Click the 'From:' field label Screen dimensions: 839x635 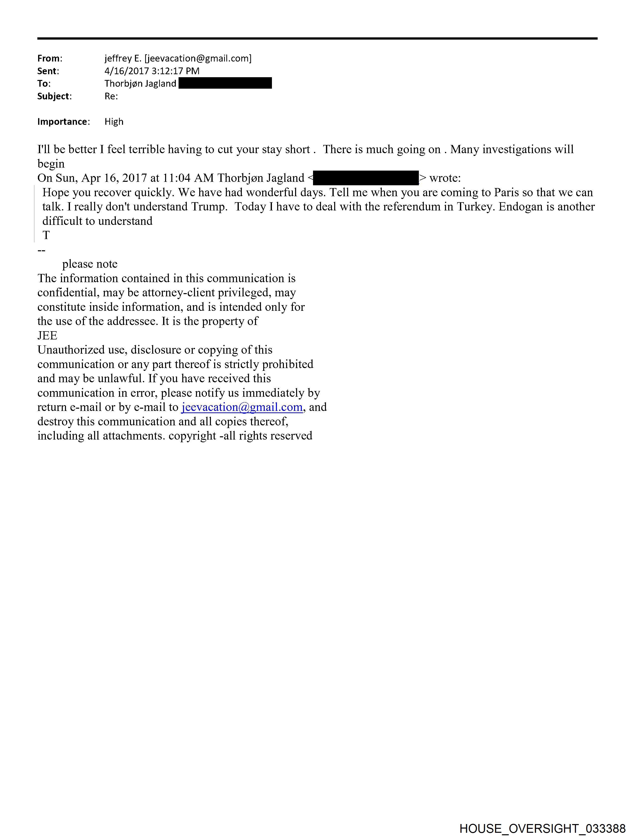(x=49, y=59)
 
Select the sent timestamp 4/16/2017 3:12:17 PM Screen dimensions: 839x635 (x=152, y=71)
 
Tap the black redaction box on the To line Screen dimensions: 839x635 (x=225, y=83)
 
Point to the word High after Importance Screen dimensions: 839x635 (x=114, y=122)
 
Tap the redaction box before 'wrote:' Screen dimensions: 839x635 (x=366, y=178)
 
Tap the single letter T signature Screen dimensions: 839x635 (x=46, y=236)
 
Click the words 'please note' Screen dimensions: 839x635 (x=89, y=264)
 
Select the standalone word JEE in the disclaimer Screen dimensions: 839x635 (x=47, y=336)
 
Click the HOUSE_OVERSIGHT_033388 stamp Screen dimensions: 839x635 (x=542, y=828)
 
